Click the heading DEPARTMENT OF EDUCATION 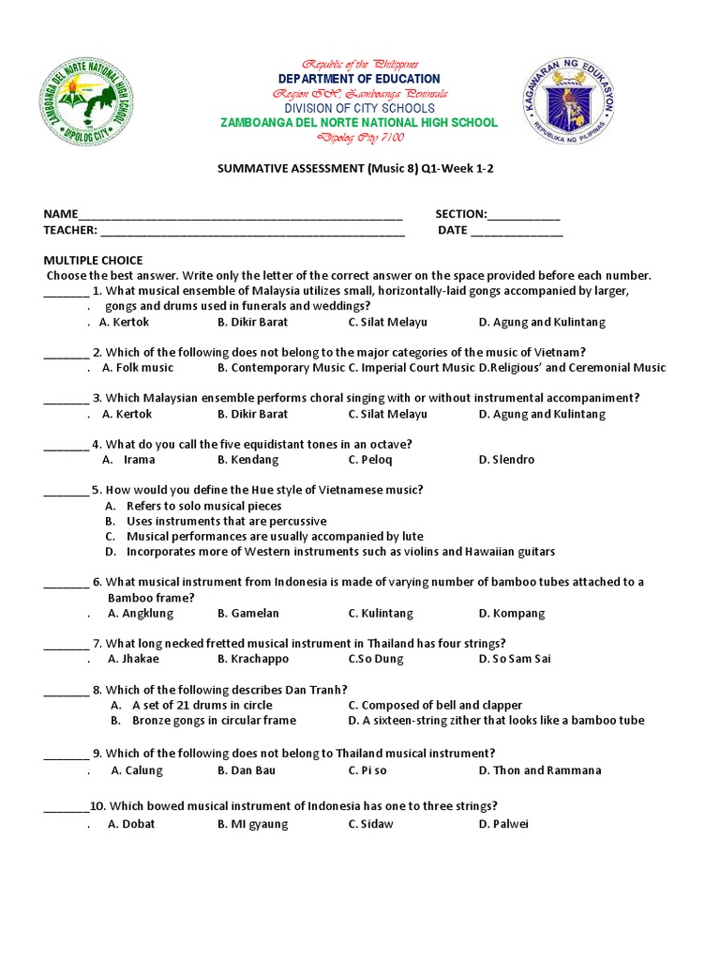coord(359,79)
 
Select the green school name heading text coord(359,123)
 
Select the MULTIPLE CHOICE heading coord(93,260)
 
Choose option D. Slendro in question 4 coord(506,460)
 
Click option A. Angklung coord(141,614)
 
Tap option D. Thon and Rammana coord(540,770)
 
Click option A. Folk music coord(138,368)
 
